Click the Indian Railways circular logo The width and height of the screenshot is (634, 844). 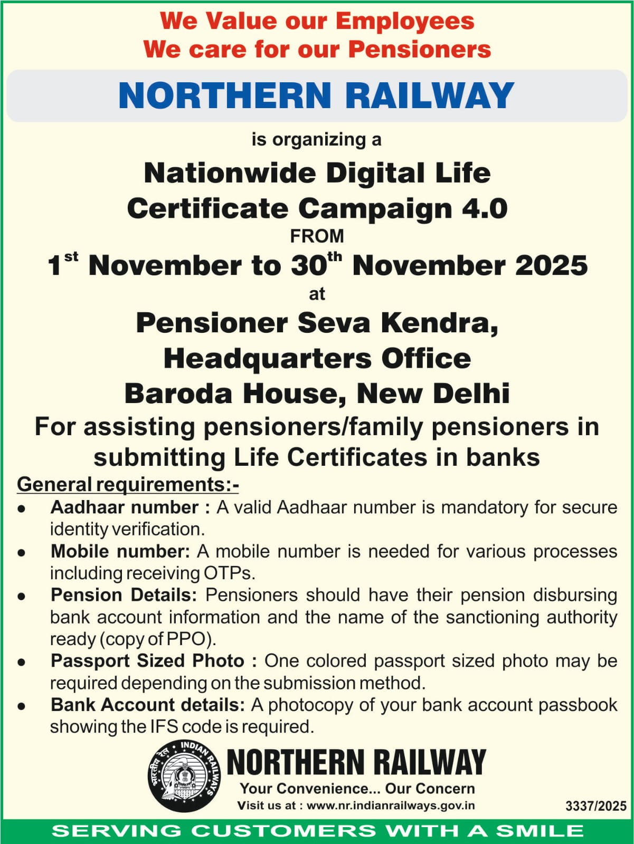[185, 775]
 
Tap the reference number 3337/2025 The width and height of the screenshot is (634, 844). [595, 806]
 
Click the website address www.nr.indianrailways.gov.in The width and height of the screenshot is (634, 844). [391, 805]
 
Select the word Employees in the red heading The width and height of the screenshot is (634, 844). [405, 21]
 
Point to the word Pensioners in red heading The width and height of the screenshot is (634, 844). [420, 50]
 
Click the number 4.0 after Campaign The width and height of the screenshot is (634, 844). [485, 208]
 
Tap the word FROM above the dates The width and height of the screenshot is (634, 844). [317, 236]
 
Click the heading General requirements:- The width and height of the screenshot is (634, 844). [128, 484]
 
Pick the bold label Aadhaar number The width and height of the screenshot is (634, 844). [125, 507]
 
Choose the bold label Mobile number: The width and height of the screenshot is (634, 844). [120, 551]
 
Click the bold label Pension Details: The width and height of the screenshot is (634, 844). [124, 595]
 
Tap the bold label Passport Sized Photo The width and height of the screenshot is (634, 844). [148, 661]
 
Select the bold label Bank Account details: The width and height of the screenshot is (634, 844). [148, 705]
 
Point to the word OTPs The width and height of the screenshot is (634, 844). [228, 573]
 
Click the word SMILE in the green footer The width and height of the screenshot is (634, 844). [539, 831]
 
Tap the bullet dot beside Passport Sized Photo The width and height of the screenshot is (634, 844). [22, 662]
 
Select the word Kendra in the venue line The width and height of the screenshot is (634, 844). [439, 323]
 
